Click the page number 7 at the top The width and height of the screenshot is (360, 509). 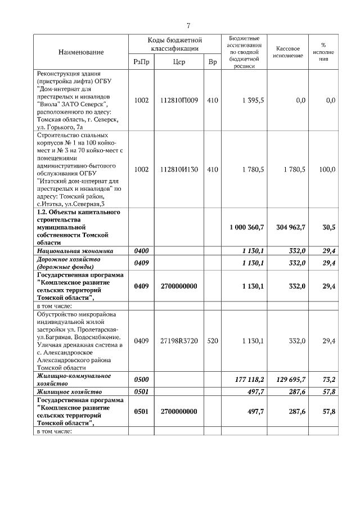188,25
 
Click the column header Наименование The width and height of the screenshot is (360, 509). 81,52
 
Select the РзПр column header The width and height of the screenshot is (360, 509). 142,62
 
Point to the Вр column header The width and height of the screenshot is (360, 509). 212,62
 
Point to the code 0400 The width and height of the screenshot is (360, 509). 141,251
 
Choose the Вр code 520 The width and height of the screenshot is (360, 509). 212,340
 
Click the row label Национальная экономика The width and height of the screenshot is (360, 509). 75,251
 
